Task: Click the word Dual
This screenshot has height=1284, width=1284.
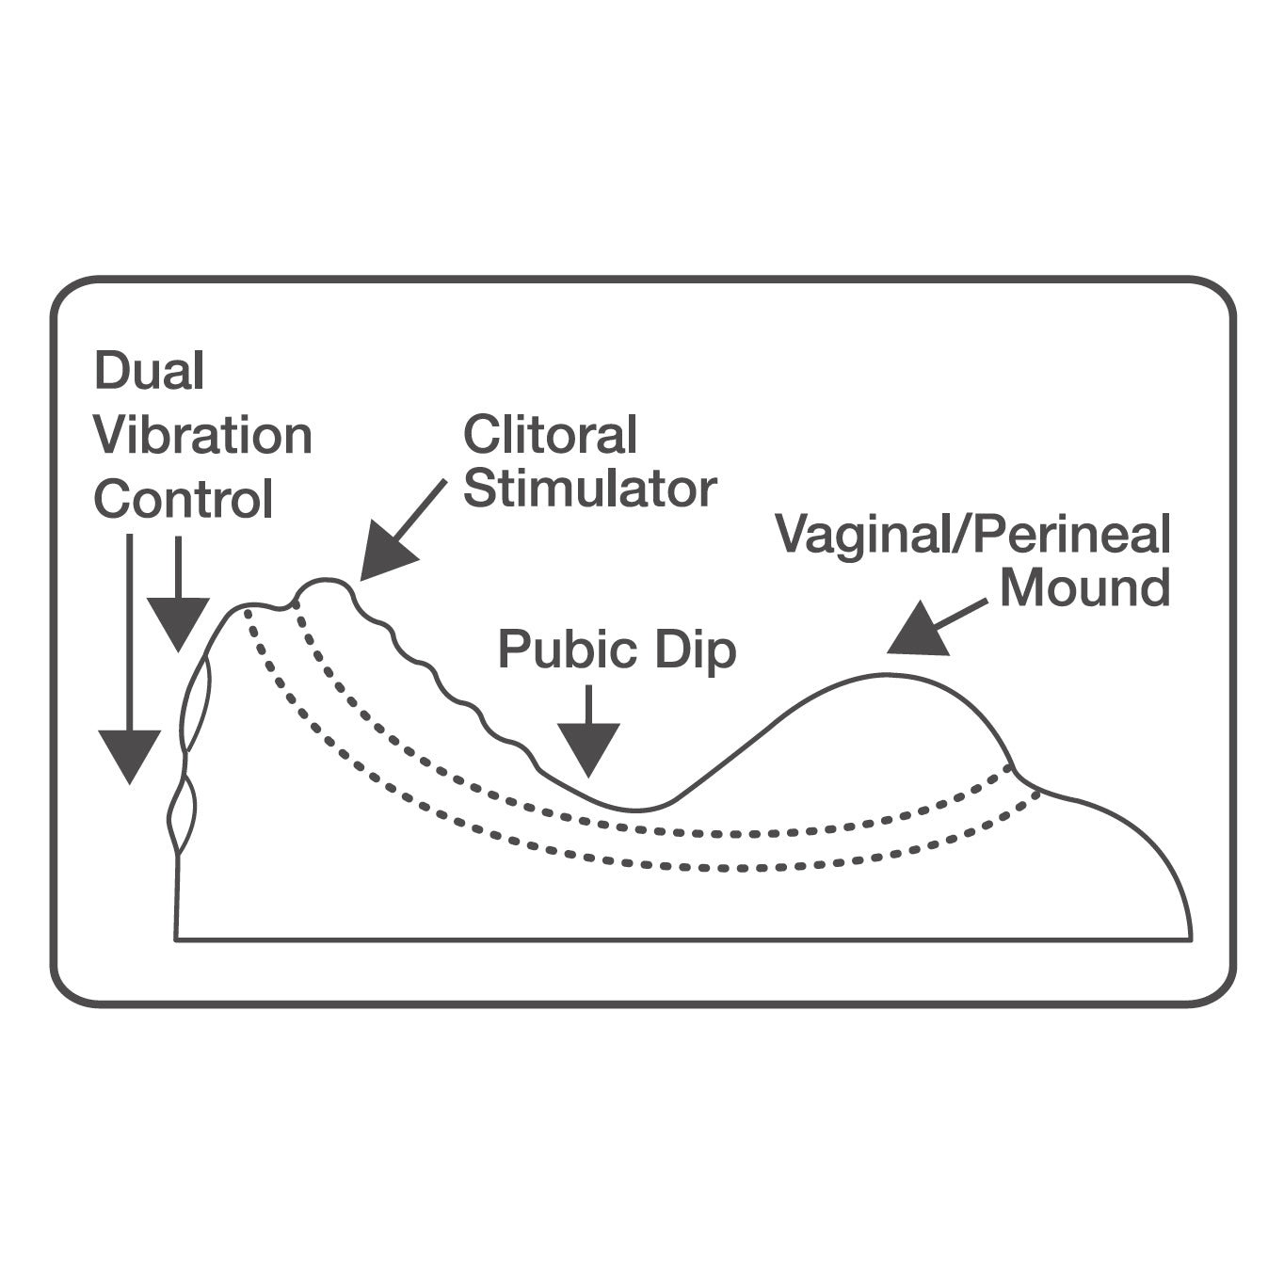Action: pos(149,371)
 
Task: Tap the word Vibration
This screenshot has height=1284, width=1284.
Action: pos(203,435)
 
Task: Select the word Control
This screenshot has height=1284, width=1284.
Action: pos(184,499)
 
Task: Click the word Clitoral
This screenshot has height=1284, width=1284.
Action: pos(551,435)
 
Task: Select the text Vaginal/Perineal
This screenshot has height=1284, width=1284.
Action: pos(973,535)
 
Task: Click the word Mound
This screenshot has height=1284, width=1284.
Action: pos(1084,587)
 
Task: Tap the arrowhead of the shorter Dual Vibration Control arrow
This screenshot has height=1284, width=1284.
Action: pos(177,622)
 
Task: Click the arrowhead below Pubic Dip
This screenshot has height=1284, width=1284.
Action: pos(588,749)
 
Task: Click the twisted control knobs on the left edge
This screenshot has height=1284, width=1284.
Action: pos(189,753)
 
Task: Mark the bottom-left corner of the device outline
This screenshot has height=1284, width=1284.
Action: pos(176,939)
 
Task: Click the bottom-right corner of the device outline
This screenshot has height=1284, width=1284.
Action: pos(1191,939)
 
